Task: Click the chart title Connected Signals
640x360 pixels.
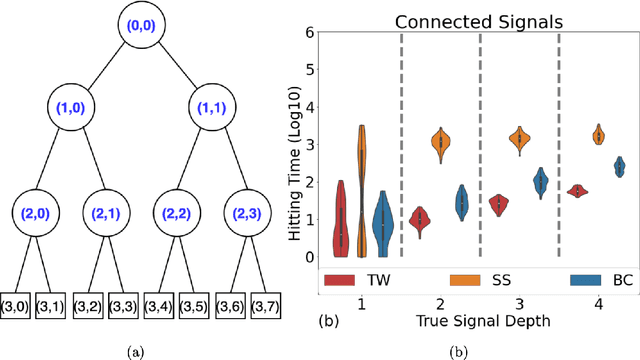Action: [478, 20]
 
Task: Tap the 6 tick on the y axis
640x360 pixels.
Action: [309, 32]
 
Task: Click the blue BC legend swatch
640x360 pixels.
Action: [590, 279]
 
